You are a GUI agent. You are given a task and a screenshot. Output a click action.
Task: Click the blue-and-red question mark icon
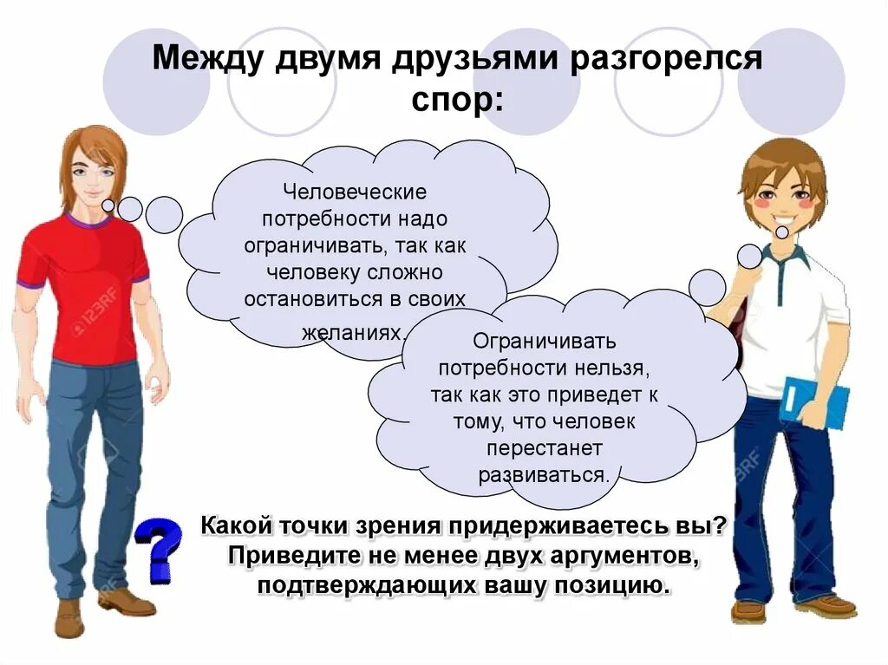[x=159, y=549]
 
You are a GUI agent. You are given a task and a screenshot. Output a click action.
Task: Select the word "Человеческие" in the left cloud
[x=356, y=191]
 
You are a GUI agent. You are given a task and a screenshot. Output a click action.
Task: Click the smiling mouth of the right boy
[x=783, y=231]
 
